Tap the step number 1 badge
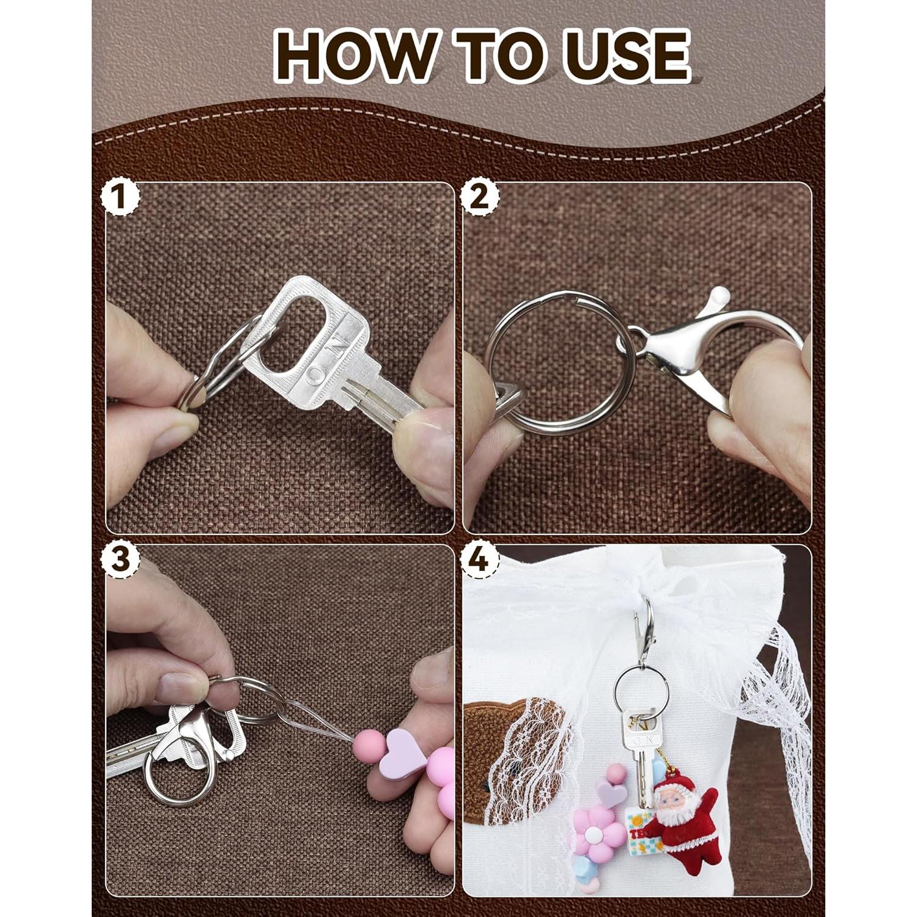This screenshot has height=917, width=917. (120, 197)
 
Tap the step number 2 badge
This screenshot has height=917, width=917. (481, 197)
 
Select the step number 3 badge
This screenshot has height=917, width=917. (120, 559)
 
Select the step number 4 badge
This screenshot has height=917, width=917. (481, 559)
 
